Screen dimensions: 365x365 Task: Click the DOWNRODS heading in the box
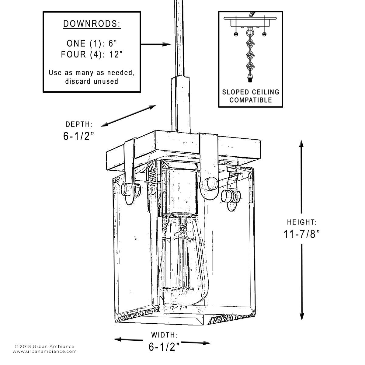92,24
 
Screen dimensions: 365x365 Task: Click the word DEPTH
78,124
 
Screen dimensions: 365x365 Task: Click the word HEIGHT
302,222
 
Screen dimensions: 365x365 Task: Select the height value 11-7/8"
302,234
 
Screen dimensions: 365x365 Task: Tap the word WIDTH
164,335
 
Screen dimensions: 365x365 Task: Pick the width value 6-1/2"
164,347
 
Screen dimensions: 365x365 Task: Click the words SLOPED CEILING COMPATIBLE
250,96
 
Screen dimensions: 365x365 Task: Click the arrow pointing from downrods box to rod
156,44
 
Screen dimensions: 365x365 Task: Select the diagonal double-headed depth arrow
128,116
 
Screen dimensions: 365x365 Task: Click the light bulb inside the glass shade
179,259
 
